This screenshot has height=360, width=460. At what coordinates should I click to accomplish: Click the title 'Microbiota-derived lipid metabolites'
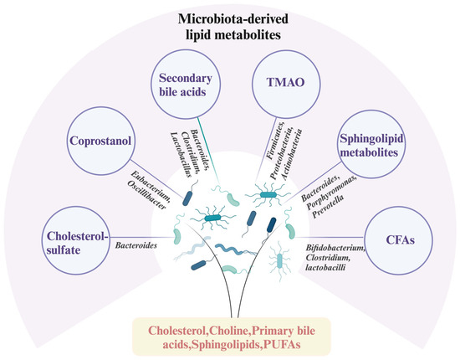(230, 24)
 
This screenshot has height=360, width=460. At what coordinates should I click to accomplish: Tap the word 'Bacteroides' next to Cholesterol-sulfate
(136, 245)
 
